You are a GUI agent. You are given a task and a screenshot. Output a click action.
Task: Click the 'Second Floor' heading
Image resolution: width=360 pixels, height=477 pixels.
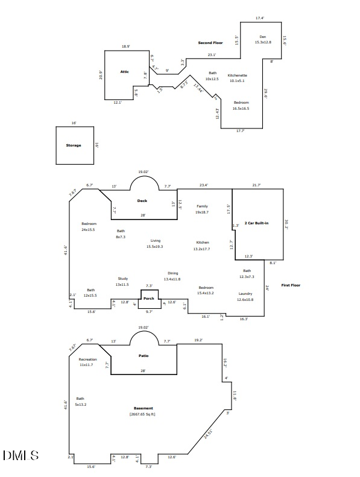pos(210,43)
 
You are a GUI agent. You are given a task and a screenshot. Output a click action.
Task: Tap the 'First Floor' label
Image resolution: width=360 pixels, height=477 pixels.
pos(291,285)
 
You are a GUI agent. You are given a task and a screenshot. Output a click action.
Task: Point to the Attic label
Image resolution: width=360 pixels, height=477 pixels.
pos(124,72)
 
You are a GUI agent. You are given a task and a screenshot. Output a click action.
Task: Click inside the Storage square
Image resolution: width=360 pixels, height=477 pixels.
pos(74,145)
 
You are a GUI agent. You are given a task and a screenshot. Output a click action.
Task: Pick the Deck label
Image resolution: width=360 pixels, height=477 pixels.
pos(142,201)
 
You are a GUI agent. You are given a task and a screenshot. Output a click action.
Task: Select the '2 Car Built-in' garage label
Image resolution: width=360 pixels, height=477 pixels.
pos(256,223)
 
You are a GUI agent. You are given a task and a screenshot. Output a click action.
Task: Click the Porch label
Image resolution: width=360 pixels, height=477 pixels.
pos(148,299)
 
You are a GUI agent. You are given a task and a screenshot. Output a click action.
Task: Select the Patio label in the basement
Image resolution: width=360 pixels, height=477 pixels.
pos(144,355)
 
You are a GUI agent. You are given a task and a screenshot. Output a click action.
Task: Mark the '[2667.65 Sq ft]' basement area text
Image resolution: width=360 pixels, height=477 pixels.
pos(143,414)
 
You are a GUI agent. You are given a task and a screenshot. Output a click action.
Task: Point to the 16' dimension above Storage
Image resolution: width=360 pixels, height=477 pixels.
pos(74,123)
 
